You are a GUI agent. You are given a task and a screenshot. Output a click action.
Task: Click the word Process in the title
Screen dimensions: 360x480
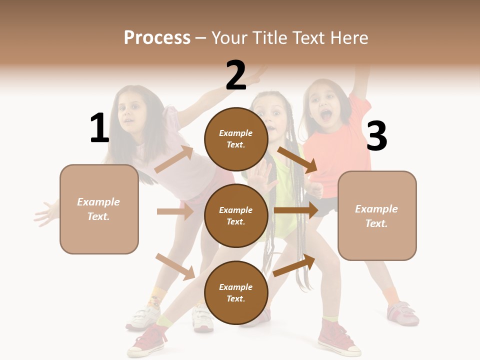[157, 37]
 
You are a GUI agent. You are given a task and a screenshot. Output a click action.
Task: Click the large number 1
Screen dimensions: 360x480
[99, 128]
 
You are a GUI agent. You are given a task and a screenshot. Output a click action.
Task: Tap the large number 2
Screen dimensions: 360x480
[236, 75]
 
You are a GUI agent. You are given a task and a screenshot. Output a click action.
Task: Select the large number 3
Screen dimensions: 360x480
[376, 136]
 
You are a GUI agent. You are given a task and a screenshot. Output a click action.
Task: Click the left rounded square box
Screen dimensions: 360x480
[99, 209]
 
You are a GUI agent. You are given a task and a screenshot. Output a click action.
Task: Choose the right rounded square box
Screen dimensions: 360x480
[377, 216]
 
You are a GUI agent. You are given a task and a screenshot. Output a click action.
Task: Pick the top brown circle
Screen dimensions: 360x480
[236, 139]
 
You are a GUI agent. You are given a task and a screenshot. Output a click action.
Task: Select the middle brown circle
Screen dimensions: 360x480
[236, 215]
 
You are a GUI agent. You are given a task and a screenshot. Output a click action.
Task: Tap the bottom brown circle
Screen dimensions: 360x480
[236, 292]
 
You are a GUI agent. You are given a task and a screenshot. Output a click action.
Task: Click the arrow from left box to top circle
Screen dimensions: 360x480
[174, 159]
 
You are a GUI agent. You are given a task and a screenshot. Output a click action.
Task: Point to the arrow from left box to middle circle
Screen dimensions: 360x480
[175, 211]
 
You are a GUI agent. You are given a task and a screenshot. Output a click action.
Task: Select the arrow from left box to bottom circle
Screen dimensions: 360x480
[175, 266]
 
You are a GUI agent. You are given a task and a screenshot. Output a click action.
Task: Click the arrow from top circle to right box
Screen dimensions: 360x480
[297, 160]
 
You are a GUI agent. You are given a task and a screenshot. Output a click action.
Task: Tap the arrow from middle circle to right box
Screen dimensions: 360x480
[296, 210]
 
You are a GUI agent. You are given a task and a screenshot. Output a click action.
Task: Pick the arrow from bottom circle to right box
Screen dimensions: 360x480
[294, 265]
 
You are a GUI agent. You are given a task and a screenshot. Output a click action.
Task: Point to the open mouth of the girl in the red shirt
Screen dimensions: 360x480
[326, 116]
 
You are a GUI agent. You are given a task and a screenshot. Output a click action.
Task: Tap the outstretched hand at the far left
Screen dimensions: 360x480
[46, 213]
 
